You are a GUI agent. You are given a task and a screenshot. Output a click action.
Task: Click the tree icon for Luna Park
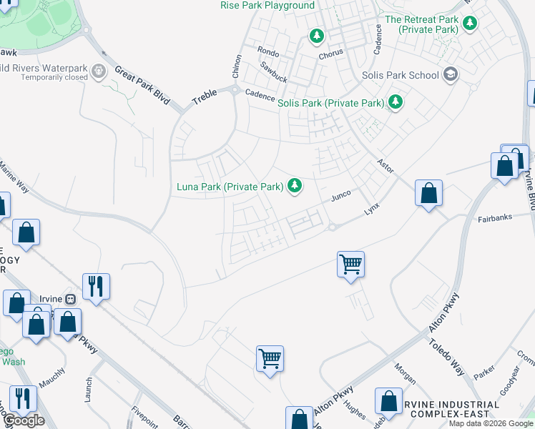294,187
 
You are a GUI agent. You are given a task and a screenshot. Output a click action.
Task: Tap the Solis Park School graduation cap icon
451,74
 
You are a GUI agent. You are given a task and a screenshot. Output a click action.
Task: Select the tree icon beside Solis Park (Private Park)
395,103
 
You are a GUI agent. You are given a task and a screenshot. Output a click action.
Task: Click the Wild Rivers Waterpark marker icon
99,71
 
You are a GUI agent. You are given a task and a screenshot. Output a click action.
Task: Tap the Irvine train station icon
71,298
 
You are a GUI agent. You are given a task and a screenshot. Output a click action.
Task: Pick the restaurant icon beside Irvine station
95,287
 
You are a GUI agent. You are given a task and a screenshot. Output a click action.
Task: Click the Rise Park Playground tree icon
317,34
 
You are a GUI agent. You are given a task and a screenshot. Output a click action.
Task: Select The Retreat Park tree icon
470,24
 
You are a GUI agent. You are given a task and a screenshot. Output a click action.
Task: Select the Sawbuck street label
274,68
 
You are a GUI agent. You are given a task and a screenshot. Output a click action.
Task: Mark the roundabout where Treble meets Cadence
234,90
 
